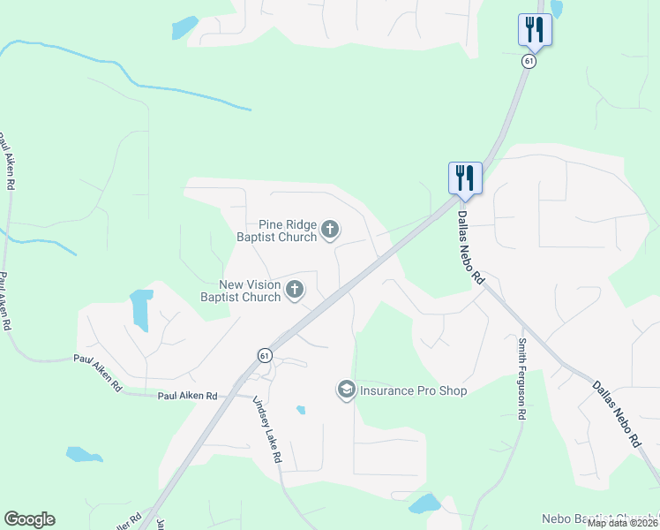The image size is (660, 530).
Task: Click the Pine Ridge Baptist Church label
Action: point(276,231)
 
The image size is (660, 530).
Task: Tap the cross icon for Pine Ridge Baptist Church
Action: point(330,231)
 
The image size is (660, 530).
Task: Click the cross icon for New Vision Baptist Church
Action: point(294,289)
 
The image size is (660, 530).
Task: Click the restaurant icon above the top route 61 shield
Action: point(535,29)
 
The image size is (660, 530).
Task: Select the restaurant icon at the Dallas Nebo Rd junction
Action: point(464,178)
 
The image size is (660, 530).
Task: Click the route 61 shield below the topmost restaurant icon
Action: point(529,62)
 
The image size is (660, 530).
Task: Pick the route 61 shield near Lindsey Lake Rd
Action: point(264,355)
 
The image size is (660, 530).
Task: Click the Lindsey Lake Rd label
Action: point(266,429)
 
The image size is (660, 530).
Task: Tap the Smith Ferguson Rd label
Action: point(522,378)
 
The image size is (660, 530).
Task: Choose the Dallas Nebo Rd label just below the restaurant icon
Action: point(471,240)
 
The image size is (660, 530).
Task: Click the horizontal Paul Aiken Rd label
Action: point(187,397)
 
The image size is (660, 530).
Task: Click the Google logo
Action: point(29,519)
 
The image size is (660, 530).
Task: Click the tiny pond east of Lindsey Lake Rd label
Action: point(301,410)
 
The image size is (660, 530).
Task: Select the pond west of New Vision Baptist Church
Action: point(140,307)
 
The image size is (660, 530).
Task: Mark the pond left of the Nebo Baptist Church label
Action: point(425,503)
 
